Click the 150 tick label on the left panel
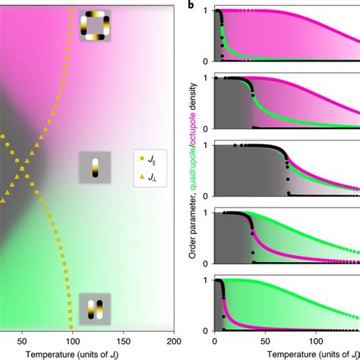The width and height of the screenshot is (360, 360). tap(125, 339)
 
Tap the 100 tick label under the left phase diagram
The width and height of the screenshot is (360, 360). tap(74, 339)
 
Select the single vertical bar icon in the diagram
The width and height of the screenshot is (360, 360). tap(95, 167)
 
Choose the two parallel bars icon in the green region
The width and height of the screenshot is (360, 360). tap(95, 310)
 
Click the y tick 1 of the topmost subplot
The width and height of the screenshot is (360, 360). tap(207, 14)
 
